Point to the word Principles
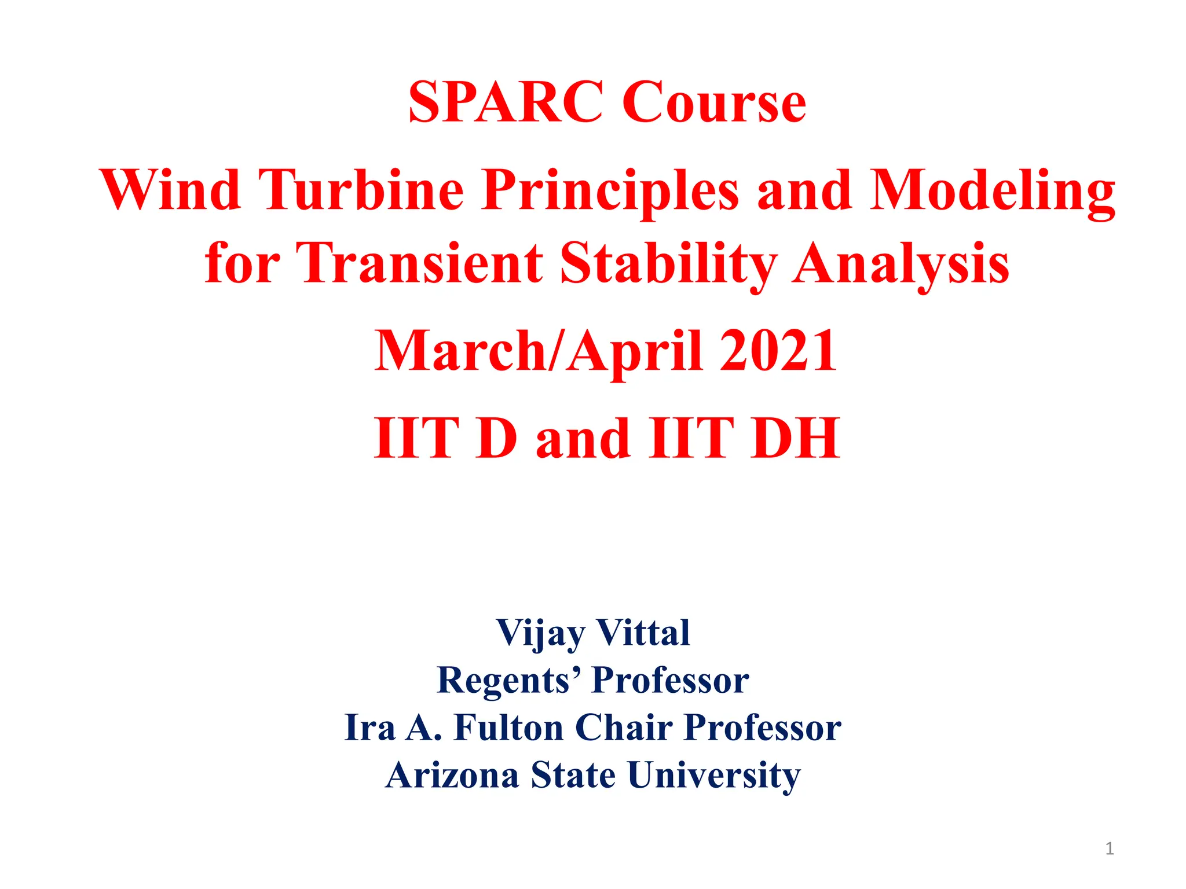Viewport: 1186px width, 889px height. coord(610,191)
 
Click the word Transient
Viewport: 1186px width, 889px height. coord(419,263)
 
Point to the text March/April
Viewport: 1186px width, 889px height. coord(539,351)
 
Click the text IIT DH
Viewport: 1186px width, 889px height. coord(745,438)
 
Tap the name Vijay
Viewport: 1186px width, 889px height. coord(540,634)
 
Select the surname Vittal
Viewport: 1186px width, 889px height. coord(643,633)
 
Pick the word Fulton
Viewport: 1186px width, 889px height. coord(508,727)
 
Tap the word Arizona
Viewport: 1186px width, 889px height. coord(452,775)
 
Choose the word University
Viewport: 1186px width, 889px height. coord(714,775)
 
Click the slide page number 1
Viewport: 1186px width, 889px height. coord(1109,848)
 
